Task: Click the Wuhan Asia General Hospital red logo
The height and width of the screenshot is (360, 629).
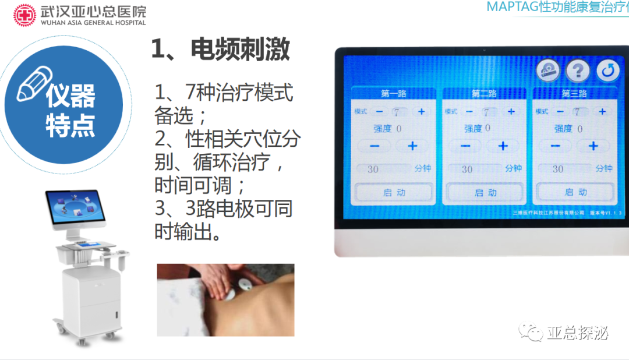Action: click(x=24, y=15)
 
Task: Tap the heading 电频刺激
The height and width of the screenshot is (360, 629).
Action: click(x=220, y=50)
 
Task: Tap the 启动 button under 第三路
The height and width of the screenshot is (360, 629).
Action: click(x=575, y=192)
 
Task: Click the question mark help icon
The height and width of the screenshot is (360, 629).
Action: click(x=578, y=71)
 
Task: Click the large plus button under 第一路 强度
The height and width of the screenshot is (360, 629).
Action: click(x=412, y=146)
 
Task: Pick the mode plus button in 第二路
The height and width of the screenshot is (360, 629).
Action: click(x=511, y=111)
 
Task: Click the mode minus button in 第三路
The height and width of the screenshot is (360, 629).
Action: click(x=560, y=111)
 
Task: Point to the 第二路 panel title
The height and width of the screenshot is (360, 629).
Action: click(x=483, y=93)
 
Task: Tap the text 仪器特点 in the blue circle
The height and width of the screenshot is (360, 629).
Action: click(x=70, y=111)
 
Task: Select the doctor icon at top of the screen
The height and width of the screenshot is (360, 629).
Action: click(x=547, y=71)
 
